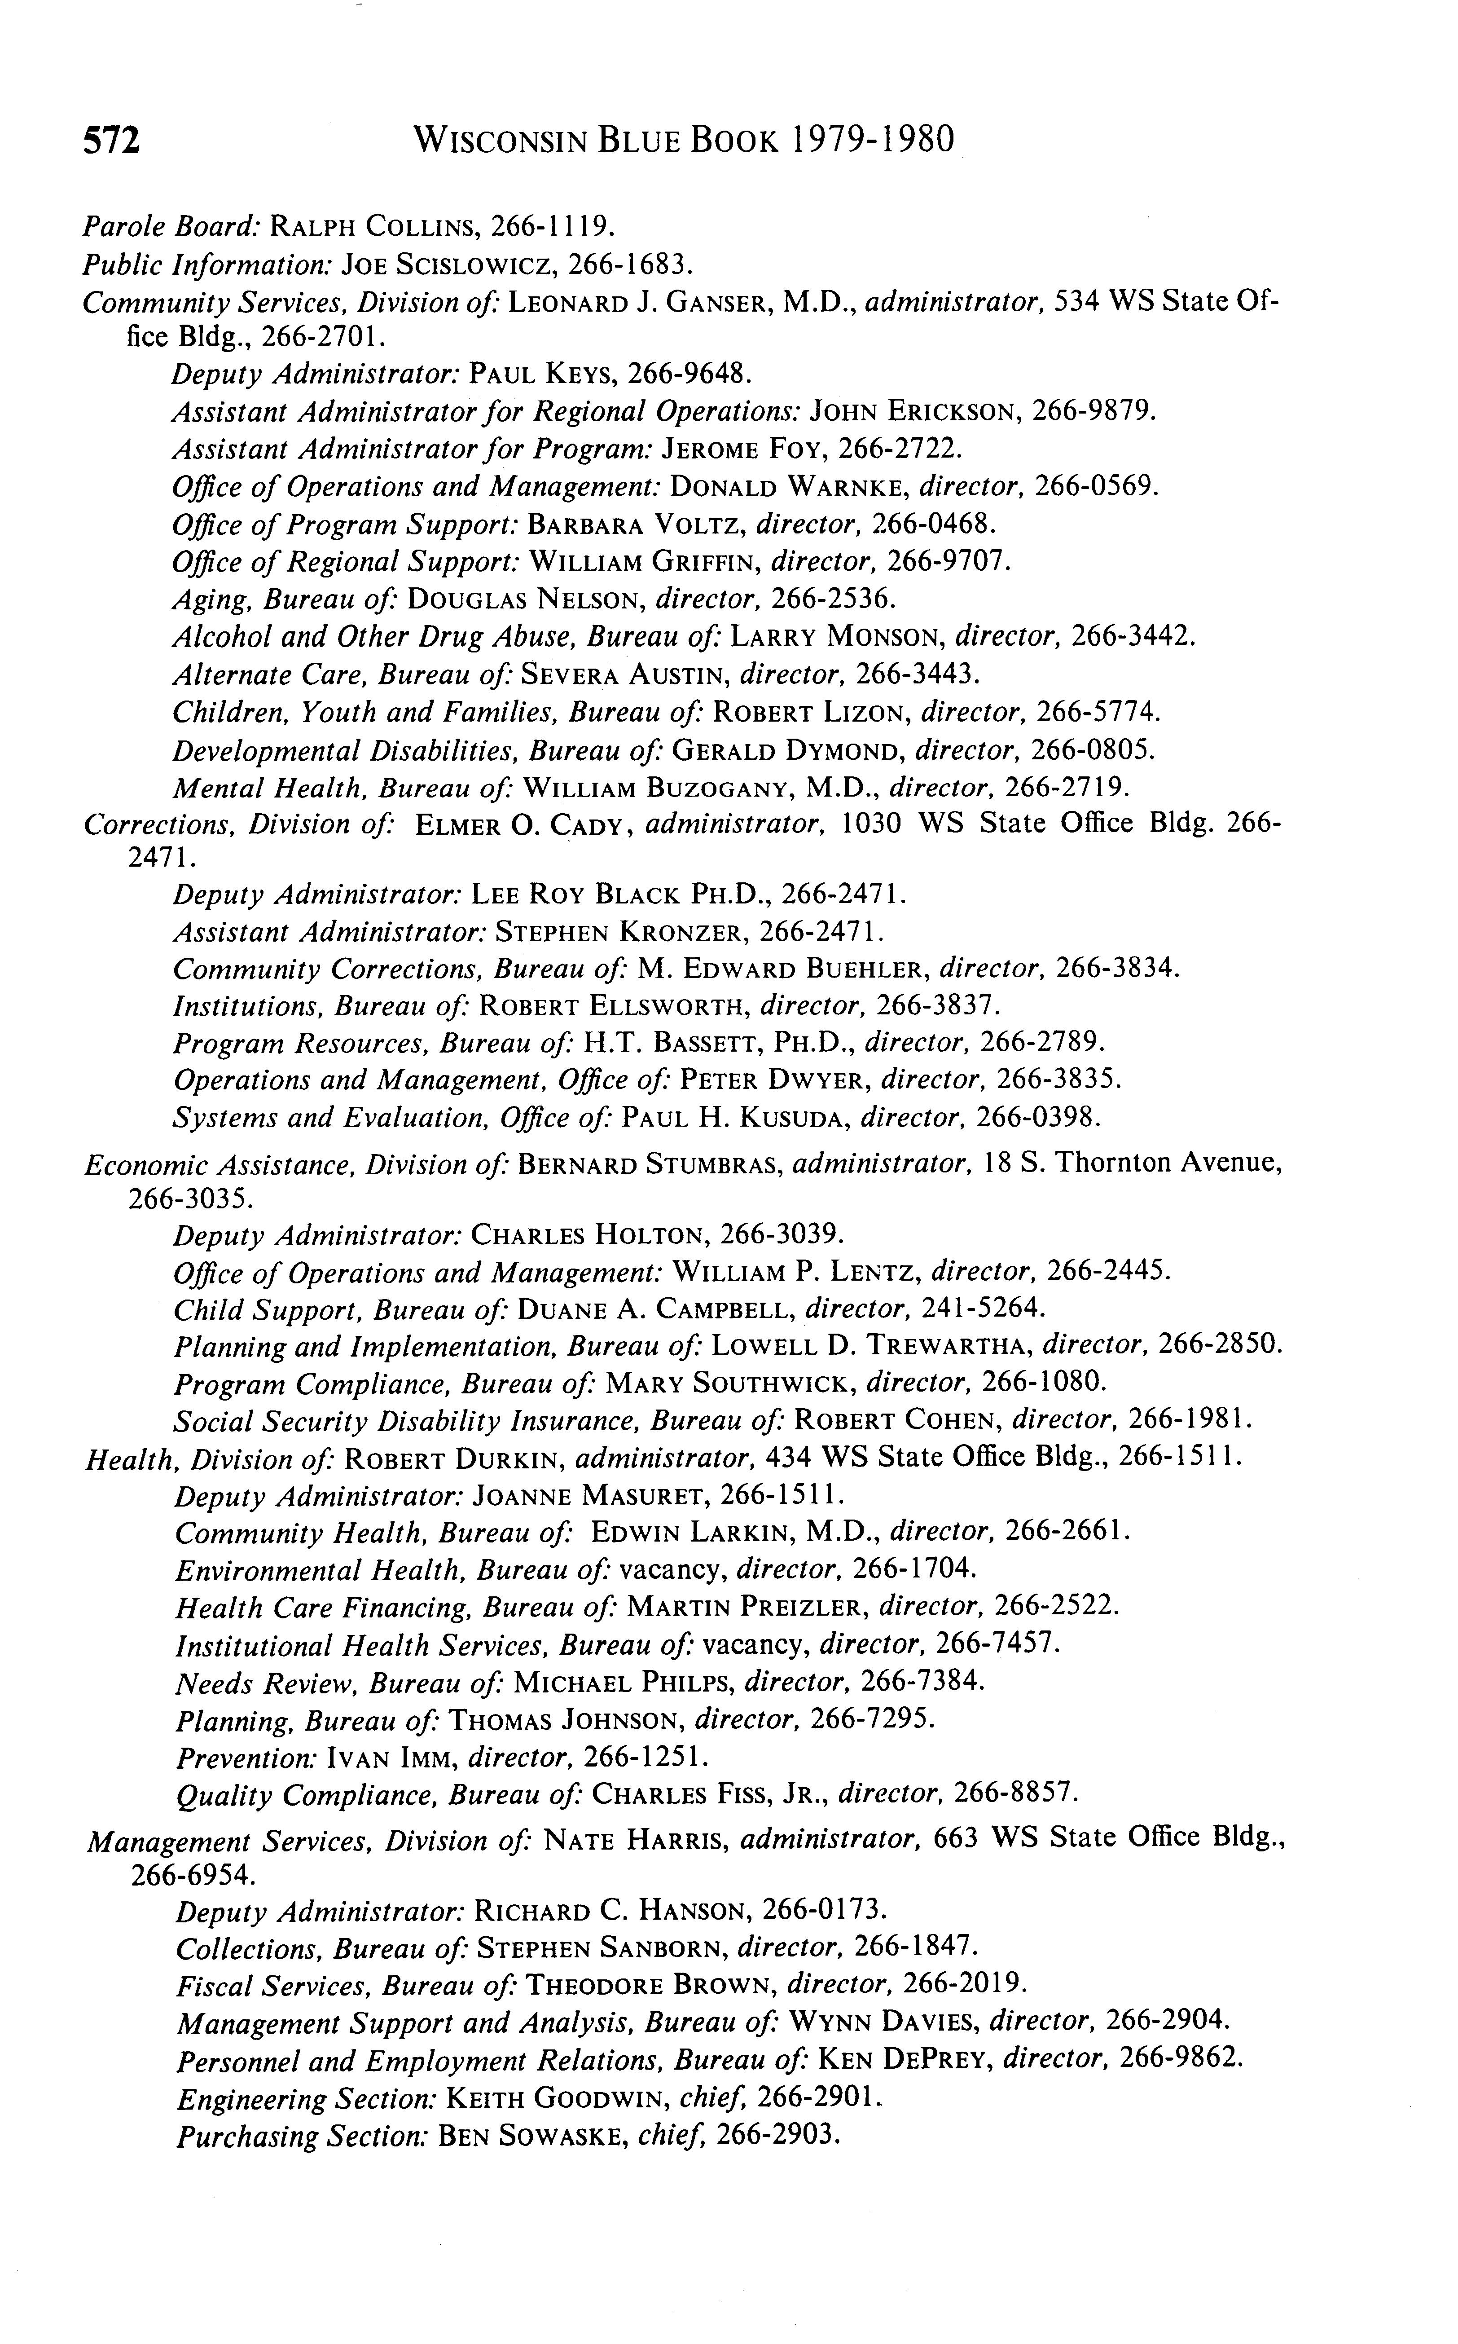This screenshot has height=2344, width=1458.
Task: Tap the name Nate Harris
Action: (636, 1842)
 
